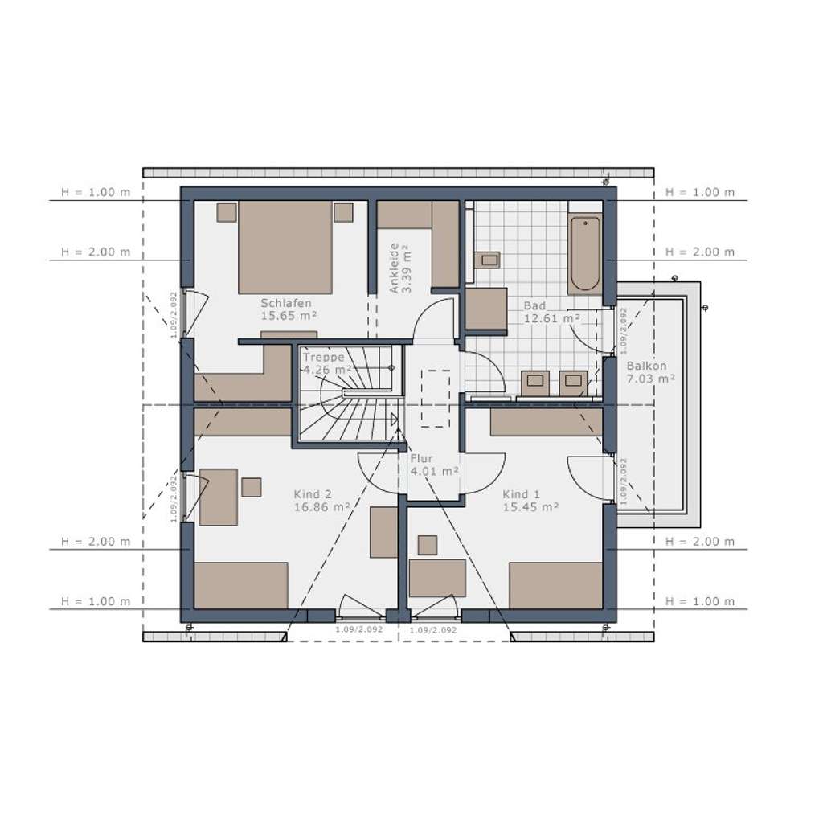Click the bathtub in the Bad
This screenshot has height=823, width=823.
[584, 253]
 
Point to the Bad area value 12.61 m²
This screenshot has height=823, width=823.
[552, 318]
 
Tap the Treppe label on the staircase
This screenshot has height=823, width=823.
[323, 358]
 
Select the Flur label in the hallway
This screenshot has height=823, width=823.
[422, 459]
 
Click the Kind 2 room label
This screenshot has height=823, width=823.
[313, 495]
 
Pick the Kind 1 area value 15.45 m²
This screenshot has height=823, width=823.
[531, 507]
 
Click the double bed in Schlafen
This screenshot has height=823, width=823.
[285, 247]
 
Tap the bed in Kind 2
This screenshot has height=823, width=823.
[241, 585]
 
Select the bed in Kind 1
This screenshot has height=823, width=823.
[555, 585]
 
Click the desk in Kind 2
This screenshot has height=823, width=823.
[218, 497]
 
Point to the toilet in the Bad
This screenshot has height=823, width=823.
[486, 260]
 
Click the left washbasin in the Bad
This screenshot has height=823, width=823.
[534, 383]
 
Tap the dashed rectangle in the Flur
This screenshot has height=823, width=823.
[435, 398]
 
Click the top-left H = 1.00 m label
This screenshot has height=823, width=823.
[96, 193]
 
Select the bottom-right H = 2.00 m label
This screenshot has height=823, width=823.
[700, 543]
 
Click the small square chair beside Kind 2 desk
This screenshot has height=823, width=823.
[252, 487]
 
